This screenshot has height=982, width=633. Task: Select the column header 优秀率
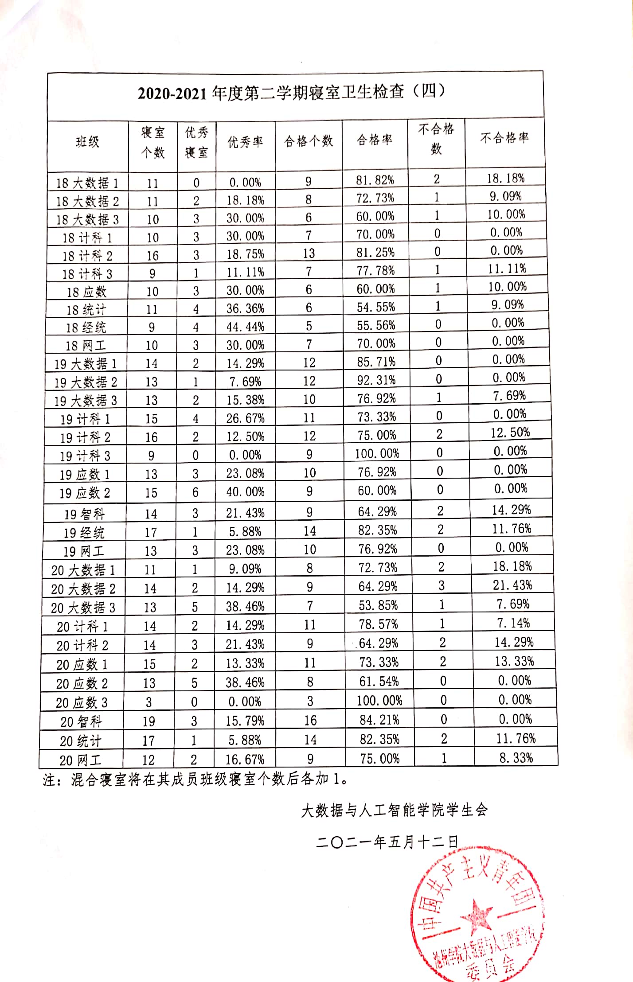245,142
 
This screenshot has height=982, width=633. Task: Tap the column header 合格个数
309,141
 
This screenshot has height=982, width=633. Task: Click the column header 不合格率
504,138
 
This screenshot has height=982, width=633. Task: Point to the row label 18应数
86,292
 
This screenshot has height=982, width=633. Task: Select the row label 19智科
84,514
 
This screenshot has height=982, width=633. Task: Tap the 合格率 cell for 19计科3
377,453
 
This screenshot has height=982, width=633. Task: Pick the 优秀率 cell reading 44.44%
245,327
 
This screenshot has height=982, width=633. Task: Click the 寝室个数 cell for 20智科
148,721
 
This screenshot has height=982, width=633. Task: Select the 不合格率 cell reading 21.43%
512,585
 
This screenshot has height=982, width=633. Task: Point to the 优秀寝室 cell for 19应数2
195,492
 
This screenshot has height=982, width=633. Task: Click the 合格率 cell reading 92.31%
376,380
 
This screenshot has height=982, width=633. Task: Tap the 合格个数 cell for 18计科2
309,253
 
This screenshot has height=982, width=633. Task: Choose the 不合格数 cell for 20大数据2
442,586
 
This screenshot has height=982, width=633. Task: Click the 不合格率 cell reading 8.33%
516,758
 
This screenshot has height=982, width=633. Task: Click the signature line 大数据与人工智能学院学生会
394,810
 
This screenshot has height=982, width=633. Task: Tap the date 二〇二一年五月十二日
387,842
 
